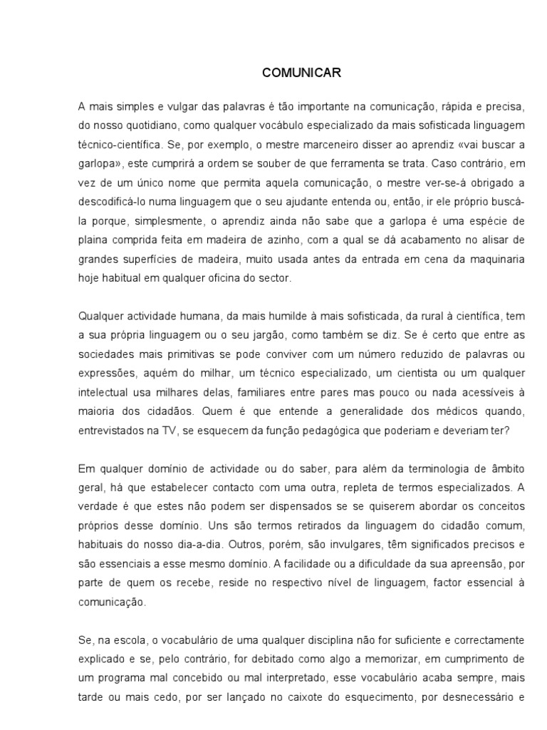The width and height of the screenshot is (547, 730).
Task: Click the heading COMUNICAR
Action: [x=292, y=72]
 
